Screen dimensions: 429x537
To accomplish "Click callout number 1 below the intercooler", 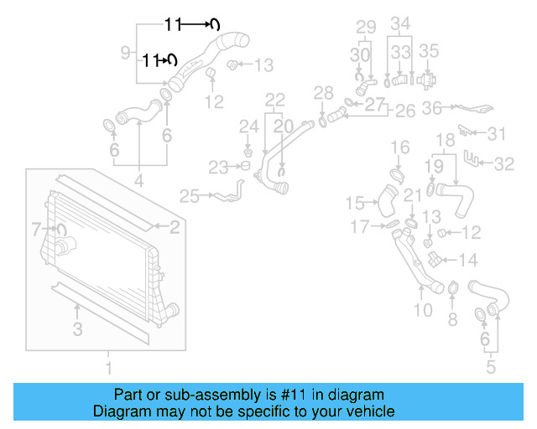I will (107, 367).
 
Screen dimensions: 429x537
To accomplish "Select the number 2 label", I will (175, 225).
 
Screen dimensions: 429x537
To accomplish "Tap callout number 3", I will (78, 330).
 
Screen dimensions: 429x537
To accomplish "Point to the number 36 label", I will (432, 108).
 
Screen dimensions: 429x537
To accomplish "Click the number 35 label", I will (429, 50).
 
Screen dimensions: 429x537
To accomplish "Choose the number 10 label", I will (423, 311).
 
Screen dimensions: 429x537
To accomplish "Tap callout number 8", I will (452, 318).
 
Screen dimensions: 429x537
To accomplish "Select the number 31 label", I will (498, 133).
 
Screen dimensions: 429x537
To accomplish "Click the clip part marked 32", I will (476, 159).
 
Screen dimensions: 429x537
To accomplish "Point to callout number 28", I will (323, 91).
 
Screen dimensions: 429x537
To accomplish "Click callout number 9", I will (126, 53).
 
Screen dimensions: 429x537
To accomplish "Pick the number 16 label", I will (400, 147).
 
